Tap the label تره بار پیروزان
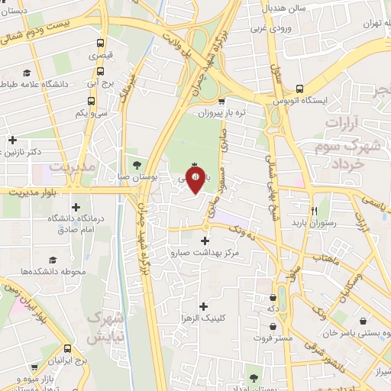coord(221,113)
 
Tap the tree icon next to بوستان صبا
coord(137,164)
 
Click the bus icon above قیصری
coord(99,44)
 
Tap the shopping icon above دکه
coord(273,297)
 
